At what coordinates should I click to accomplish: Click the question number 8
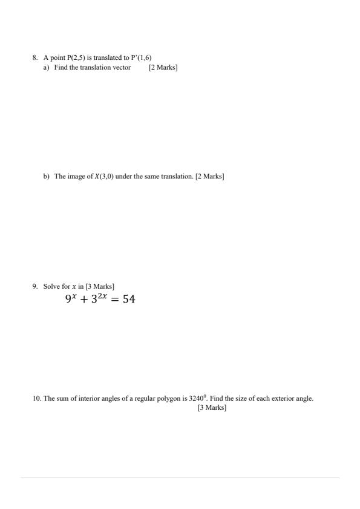(35, 58)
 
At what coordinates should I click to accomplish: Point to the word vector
(122, 67)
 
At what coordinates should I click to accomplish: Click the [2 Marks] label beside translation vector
(163, 67)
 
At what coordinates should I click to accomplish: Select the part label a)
(46, 67)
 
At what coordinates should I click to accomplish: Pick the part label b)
(47, 176)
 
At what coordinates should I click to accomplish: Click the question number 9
(35, 286)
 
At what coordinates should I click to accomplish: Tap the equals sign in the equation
(115, 299)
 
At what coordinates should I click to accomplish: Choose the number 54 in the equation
(128, 299)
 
